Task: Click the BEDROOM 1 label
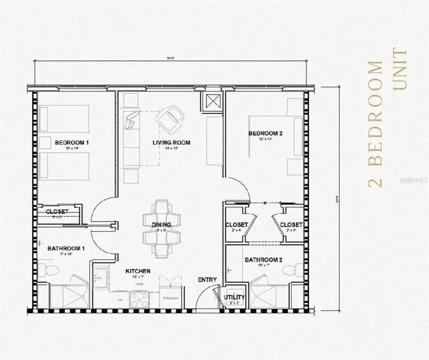point(72,143)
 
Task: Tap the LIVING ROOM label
point(172,143)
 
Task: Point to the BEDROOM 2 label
point(265,133)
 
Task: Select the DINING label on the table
point(161,225)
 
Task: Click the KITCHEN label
point(137,271)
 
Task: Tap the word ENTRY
point(206,280)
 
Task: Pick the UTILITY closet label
point(235,297)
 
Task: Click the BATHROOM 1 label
point(66,249)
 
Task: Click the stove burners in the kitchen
point(140,300)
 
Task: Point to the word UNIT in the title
point(400,70)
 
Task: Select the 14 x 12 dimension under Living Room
point(172,148)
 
